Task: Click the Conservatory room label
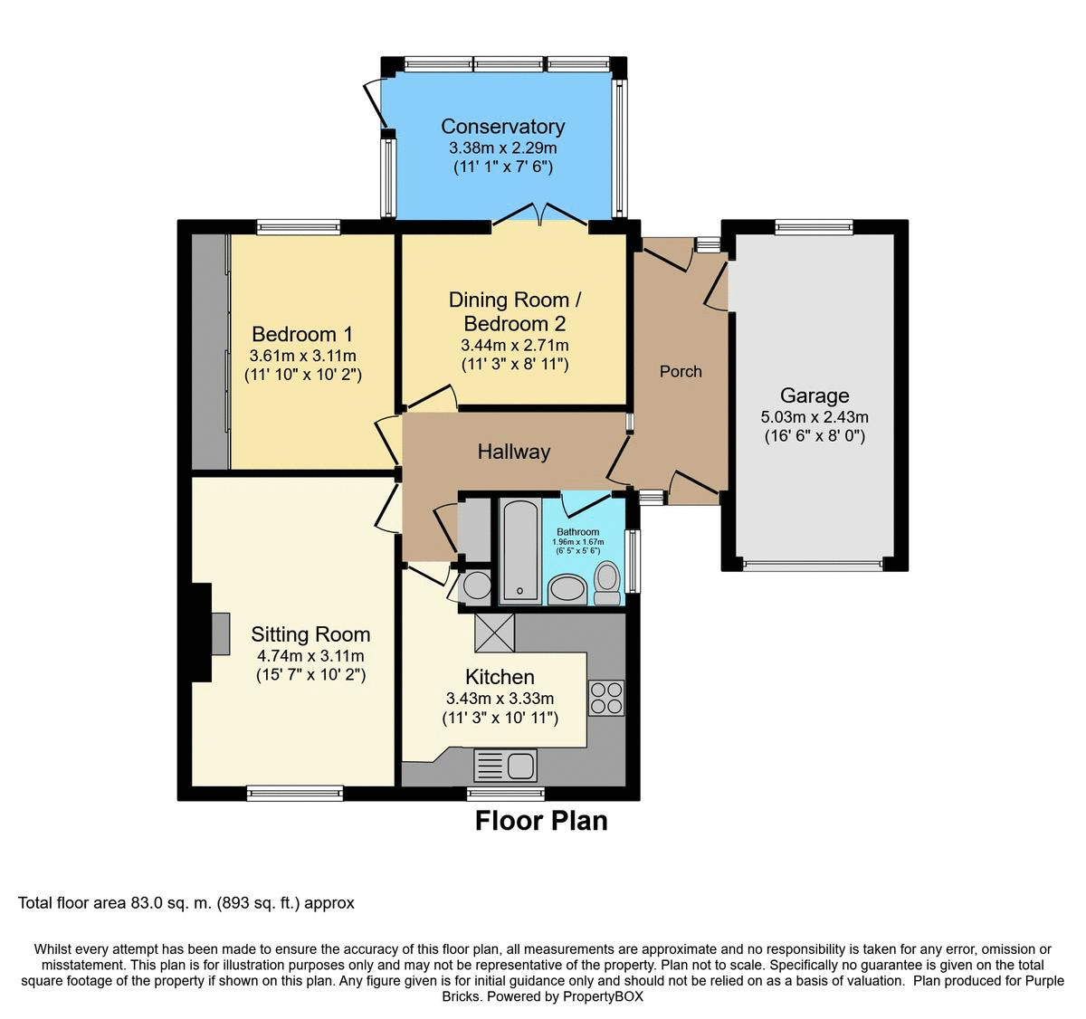(502, 127)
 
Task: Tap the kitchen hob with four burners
(606, 698)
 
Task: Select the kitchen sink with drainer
(505, 765)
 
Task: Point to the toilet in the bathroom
(607, 583)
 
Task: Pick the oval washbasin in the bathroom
(567, 590)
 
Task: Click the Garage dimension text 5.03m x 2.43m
(814, 417)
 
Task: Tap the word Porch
(681, 371)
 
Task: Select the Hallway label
(513, 452)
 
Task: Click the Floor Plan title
(541, 821)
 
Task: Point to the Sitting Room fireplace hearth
(221, 633)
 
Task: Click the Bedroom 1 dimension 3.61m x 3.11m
(303, 356)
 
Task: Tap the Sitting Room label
(310, 634)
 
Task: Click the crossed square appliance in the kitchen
(494, 633)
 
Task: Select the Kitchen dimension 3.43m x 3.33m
(500, 699)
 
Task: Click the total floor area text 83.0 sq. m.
(171, 903)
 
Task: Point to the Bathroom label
(578, 531)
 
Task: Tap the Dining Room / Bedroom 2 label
(515, 312)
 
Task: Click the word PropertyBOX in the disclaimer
(603, 996)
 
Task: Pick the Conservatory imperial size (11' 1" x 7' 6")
(503, 167)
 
